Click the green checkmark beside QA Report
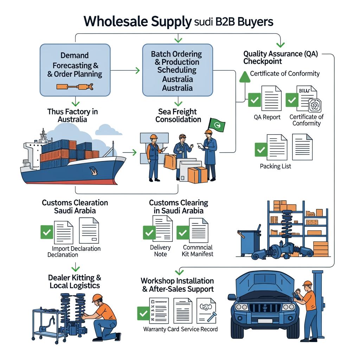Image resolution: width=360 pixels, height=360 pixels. pos(254,100)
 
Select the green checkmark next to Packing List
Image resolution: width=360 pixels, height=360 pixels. pos(261,150)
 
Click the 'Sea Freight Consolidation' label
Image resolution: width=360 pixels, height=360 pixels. pos(178,115)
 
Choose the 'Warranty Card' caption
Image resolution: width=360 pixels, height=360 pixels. pos(161,329)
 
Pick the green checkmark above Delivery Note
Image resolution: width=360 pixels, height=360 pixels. pos(149,232)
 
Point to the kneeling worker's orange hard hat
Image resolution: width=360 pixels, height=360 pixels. pos(97,298)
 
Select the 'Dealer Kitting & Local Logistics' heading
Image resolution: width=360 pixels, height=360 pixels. pos(75,281)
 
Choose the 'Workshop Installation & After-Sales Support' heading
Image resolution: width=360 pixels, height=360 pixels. pos(177,285)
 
